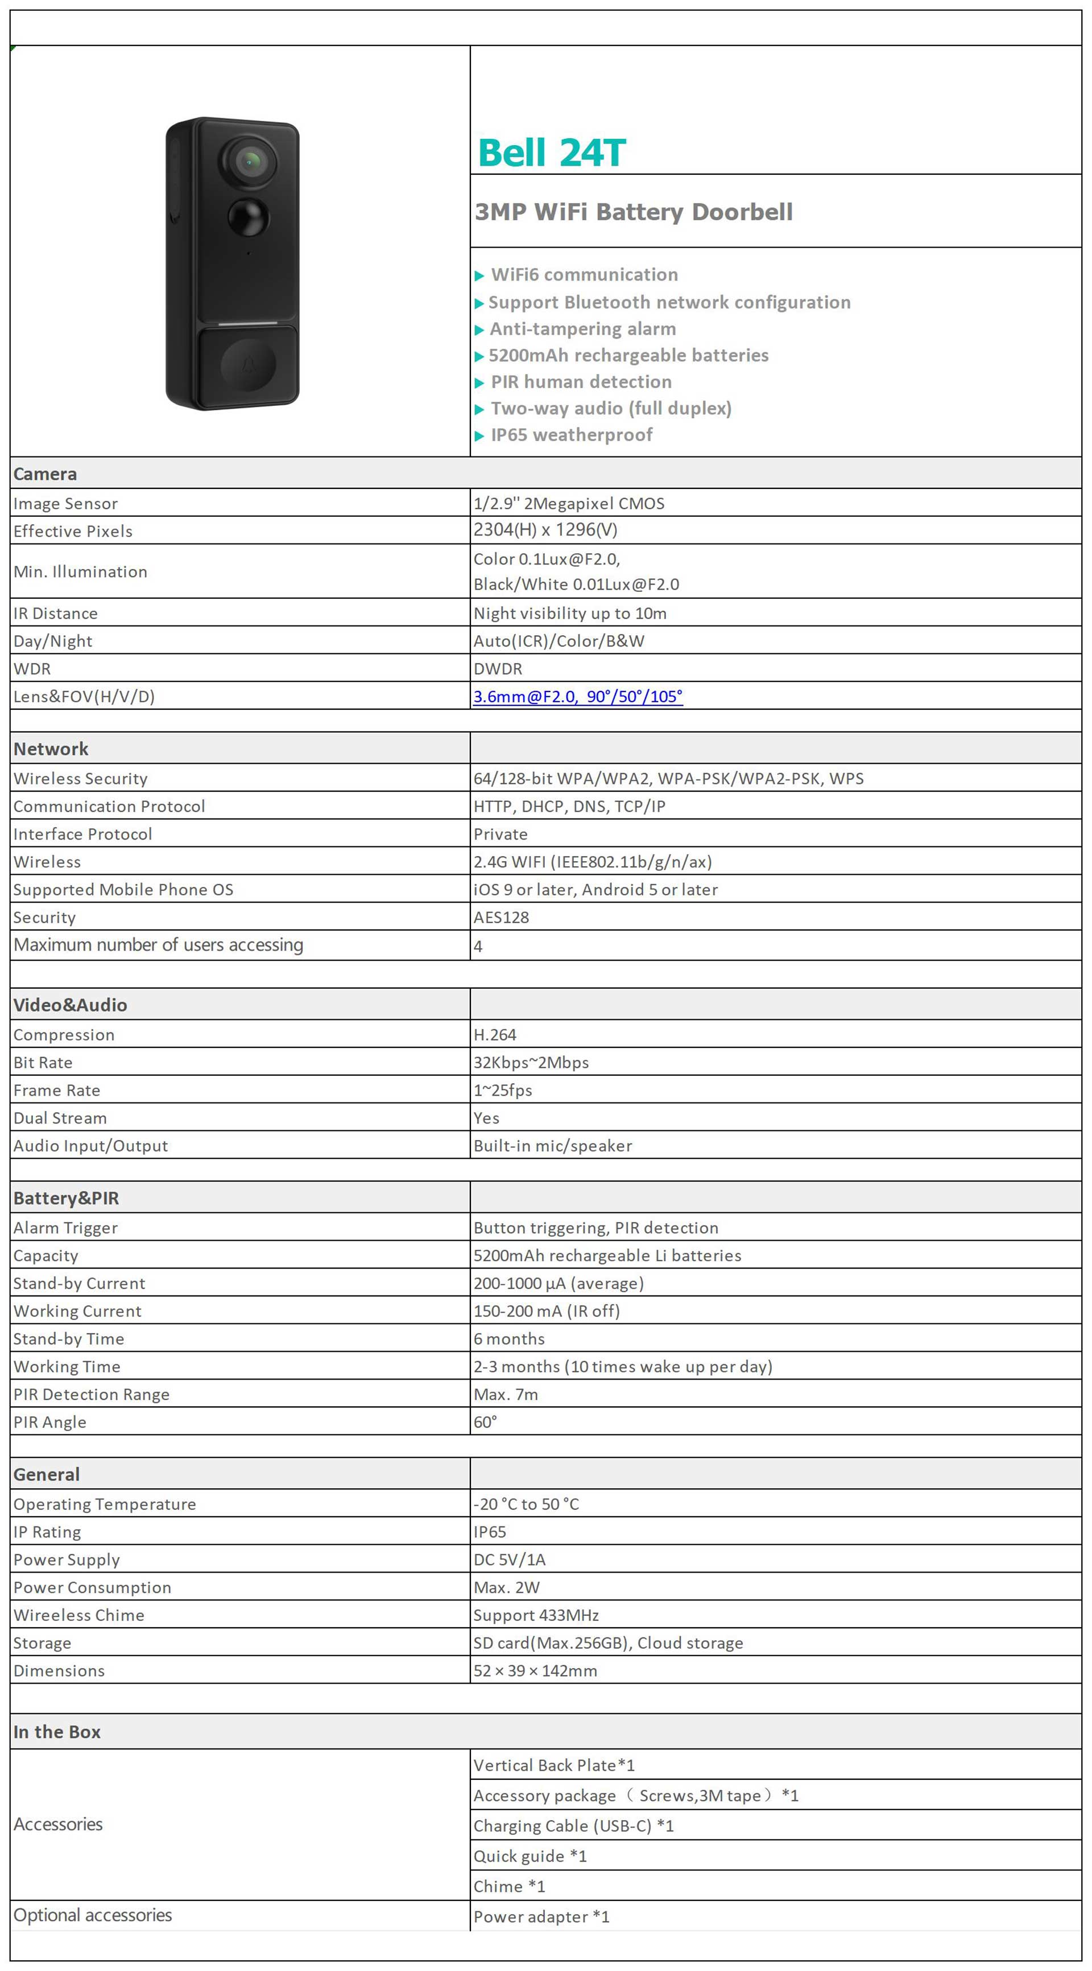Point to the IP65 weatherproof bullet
click(x=570, y=435)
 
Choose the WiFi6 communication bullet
click(x=584, y=275)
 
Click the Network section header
click(x=51, y=749)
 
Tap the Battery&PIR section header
click(x=66, y=1198)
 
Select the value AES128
click(x=501, y=917)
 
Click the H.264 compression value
click(x=495, y=1035)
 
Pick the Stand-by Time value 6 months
click(x=508, y=1339)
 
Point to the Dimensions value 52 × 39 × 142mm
click(x=535, y=1671)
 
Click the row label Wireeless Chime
click(x=78, y=1615)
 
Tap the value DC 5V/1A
click(x=509, y=1559)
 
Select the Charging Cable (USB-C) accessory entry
click(x=573, y=1826)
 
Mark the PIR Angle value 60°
click(x=485, y=1422)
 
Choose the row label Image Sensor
click(x=66, y=504)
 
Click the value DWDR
click(x=498, y=669)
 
